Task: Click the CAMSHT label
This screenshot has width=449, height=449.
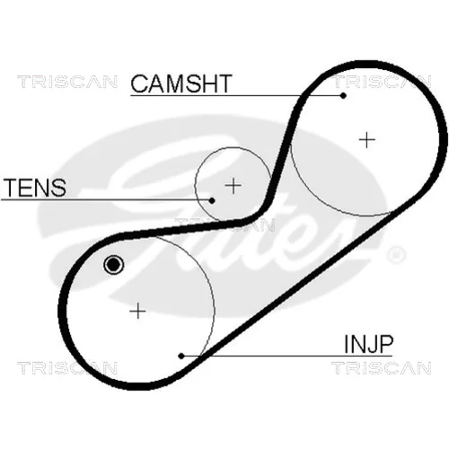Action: [181, 84]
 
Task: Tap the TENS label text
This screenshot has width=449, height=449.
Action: [34, 188]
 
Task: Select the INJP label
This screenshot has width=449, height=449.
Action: [368, 344]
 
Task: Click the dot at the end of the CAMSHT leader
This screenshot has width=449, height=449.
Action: [343, 96]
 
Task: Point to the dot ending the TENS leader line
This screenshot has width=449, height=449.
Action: [212, 200]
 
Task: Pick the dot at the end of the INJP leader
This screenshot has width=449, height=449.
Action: [181, 356]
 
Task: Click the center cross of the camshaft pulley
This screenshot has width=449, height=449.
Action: [366, 140]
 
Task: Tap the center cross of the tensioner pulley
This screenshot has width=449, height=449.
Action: [233, 186]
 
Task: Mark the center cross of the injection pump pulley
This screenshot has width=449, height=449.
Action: [137, 311]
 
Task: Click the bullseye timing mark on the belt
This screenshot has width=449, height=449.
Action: [113, 264]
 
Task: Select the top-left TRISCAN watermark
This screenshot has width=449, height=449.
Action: [67, 82]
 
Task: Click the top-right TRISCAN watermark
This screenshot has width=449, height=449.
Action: [382, 82]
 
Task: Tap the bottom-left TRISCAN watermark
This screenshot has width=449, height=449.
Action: [67, 368]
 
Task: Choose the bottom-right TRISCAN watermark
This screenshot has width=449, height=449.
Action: [382, 368]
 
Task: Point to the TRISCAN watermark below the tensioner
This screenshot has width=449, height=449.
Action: [224, 224]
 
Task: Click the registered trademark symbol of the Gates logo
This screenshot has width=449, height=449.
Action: [397, 255]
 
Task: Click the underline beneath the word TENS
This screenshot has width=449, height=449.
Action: [106, 199]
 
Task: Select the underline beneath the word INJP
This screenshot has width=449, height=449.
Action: [286, 357]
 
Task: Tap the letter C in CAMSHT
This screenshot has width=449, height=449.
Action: [139, 84]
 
